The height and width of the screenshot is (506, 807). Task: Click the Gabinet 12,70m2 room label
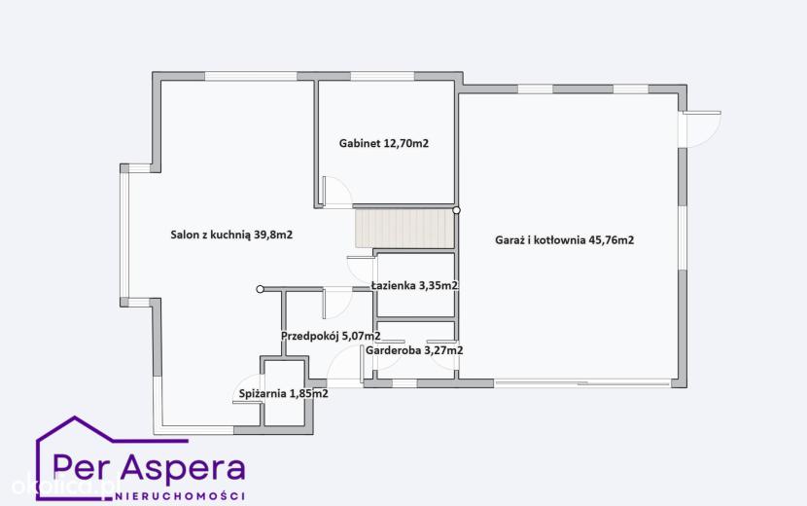(383, 143)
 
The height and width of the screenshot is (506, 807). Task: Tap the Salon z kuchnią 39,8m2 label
(231, 235)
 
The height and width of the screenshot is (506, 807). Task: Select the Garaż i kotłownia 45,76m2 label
(564, 240)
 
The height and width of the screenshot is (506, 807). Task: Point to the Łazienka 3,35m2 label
(414, 285)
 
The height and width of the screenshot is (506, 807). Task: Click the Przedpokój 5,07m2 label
(331, 337)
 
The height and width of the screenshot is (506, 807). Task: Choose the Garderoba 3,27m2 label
(414, 350)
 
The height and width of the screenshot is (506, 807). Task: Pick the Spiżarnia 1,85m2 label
(284, 394)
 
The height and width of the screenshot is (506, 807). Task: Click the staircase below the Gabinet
(405, 228)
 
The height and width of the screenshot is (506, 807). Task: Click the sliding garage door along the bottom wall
(582, 382)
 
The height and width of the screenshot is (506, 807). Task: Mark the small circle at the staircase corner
(456, 210)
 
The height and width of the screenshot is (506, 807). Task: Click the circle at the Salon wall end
(260, 289)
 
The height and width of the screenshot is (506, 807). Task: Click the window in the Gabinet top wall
(382, 76)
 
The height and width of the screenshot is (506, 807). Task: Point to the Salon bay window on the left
(124, 235)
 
